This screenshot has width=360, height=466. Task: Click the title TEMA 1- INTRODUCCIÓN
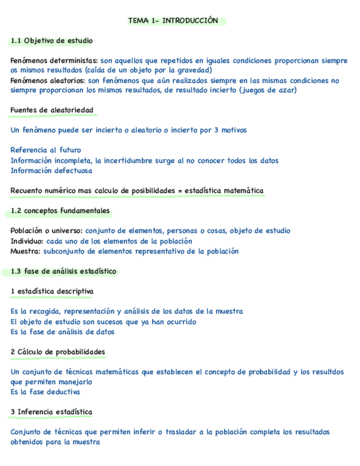point(173,21)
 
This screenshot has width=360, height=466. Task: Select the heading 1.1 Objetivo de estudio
point(52,41)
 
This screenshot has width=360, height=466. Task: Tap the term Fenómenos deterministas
point(54,60)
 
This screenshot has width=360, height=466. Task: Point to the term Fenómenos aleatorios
point(48,80)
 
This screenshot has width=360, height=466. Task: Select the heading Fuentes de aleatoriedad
point(52,110)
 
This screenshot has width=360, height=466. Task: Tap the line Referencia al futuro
point(46,150)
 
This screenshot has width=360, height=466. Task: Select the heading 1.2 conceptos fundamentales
point(60,210)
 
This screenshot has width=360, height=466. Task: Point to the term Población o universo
point(47,231)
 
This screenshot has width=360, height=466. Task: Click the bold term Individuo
point(27,241)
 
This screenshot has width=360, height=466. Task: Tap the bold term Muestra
point(25,251)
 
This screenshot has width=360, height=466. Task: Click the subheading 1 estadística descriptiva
point(52,291)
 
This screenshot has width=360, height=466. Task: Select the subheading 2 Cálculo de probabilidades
point(58,352)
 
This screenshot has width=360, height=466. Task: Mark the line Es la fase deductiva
point(45,392)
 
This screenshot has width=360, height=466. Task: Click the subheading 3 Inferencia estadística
point(51,412)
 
